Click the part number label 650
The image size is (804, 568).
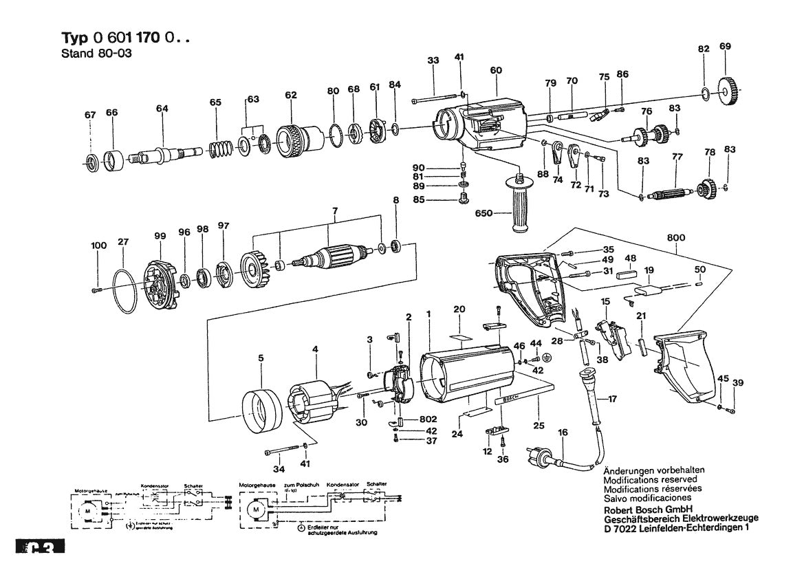(x=484, y=214)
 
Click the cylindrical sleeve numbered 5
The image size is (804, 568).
(x=261, y=412)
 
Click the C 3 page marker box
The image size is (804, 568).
(x=40, y=550)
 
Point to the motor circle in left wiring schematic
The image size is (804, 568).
(x=87, y=512)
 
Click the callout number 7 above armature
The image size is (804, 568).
(x=335, y=209)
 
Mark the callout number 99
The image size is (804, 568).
(x=160, y=236)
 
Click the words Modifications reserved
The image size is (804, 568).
(x=649, y=479)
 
